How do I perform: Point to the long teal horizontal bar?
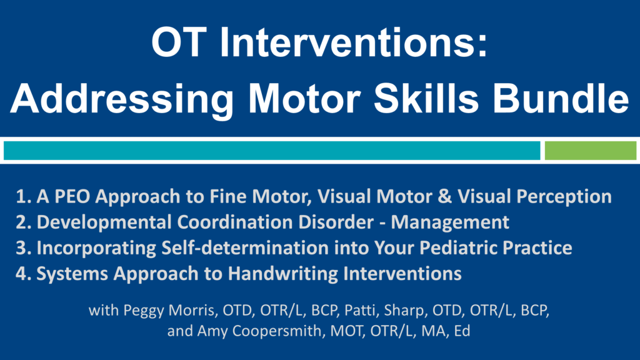[x=272, y=151]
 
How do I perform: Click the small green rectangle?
[x=590, y=151]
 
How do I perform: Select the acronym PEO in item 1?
[x=72, y=196]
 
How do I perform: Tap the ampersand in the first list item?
[x=444, y=196]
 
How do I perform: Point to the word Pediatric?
[x=458, y=247]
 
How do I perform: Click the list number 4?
[x=22, y=274]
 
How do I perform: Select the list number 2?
[x=22, y=222]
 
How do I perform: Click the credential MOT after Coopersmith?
[x=346, y=331]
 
